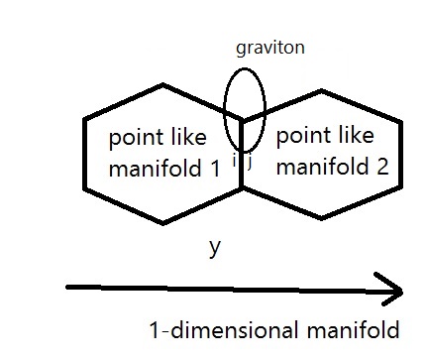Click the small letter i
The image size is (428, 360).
(235, 160)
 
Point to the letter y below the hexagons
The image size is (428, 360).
(214, 247)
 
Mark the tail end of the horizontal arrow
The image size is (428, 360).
(68, 288)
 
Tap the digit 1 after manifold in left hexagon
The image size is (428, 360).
(215, 169)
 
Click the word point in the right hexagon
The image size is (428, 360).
(302, 133)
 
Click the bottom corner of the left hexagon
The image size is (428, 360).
(163, 222)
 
